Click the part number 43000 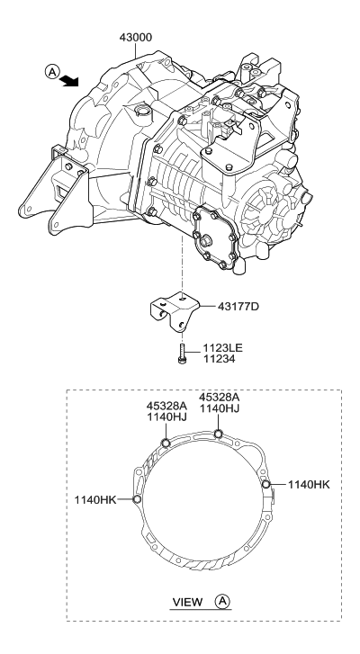click(x=136, y=38)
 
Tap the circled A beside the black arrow click(x=51, y=72)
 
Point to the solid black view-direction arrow click(x=69, y=80)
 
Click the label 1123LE click(x=223, y=348)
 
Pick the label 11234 click(x=219, y=359)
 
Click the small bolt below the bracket click(x=183, y=354)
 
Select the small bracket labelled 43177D click(x=175, y=311)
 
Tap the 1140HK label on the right click(x=309, y=485)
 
